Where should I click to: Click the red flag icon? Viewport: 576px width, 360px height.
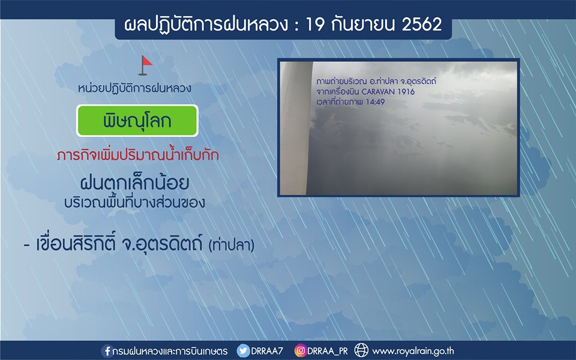tap(145, 65)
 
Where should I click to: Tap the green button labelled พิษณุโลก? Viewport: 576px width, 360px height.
tap(137, 121)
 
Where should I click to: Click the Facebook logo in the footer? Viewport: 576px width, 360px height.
tap(107, 351)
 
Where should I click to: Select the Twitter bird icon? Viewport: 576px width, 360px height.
tap(243, 351)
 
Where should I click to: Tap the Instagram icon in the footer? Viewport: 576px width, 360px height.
tap(300, 350)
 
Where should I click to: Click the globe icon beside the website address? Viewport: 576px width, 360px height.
tap(361, 350)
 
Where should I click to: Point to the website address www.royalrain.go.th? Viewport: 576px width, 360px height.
tap(413, 351)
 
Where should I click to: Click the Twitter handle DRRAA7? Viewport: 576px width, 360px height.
tap(267, 351)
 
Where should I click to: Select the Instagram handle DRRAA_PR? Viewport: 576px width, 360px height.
tap(328, 351)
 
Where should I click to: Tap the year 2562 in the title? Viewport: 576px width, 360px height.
tap(422, 25)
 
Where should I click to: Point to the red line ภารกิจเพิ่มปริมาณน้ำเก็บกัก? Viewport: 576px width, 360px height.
tap(138, 155)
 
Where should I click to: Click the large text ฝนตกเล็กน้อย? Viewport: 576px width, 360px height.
tap(134, 183)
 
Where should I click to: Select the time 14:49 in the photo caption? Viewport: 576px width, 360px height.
tap(375, 102)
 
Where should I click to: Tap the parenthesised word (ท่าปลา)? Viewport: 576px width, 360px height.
tap(232, 245)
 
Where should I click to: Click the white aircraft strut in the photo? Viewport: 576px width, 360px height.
tap(295, 128)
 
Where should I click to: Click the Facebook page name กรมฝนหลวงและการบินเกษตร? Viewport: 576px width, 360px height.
tap(170, 351)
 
